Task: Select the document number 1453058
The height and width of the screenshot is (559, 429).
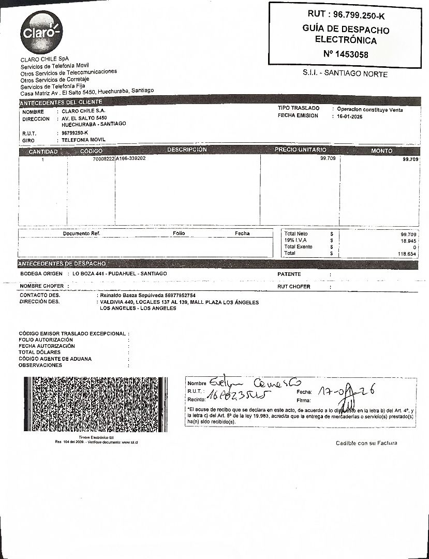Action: point(346,54)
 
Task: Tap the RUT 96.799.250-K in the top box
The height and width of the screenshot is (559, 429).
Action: point(345,15)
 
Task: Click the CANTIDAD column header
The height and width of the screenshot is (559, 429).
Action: point(43,151)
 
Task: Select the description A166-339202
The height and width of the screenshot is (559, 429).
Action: point(131,158)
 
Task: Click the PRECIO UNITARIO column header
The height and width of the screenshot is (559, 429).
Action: point(300,150)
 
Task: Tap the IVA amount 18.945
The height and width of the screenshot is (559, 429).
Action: point(408,241)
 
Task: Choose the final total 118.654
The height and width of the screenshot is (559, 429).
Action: point(407,254)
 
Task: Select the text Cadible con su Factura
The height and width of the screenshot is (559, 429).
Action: point(366,443)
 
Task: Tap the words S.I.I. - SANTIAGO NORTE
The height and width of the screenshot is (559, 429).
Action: point(345,74)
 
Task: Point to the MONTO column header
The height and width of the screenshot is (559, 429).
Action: point(382,151)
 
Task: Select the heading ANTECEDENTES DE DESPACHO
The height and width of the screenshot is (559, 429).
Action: point(63,263)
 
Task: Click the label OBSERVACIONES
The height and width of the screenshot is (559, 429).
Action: point(40,365)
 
